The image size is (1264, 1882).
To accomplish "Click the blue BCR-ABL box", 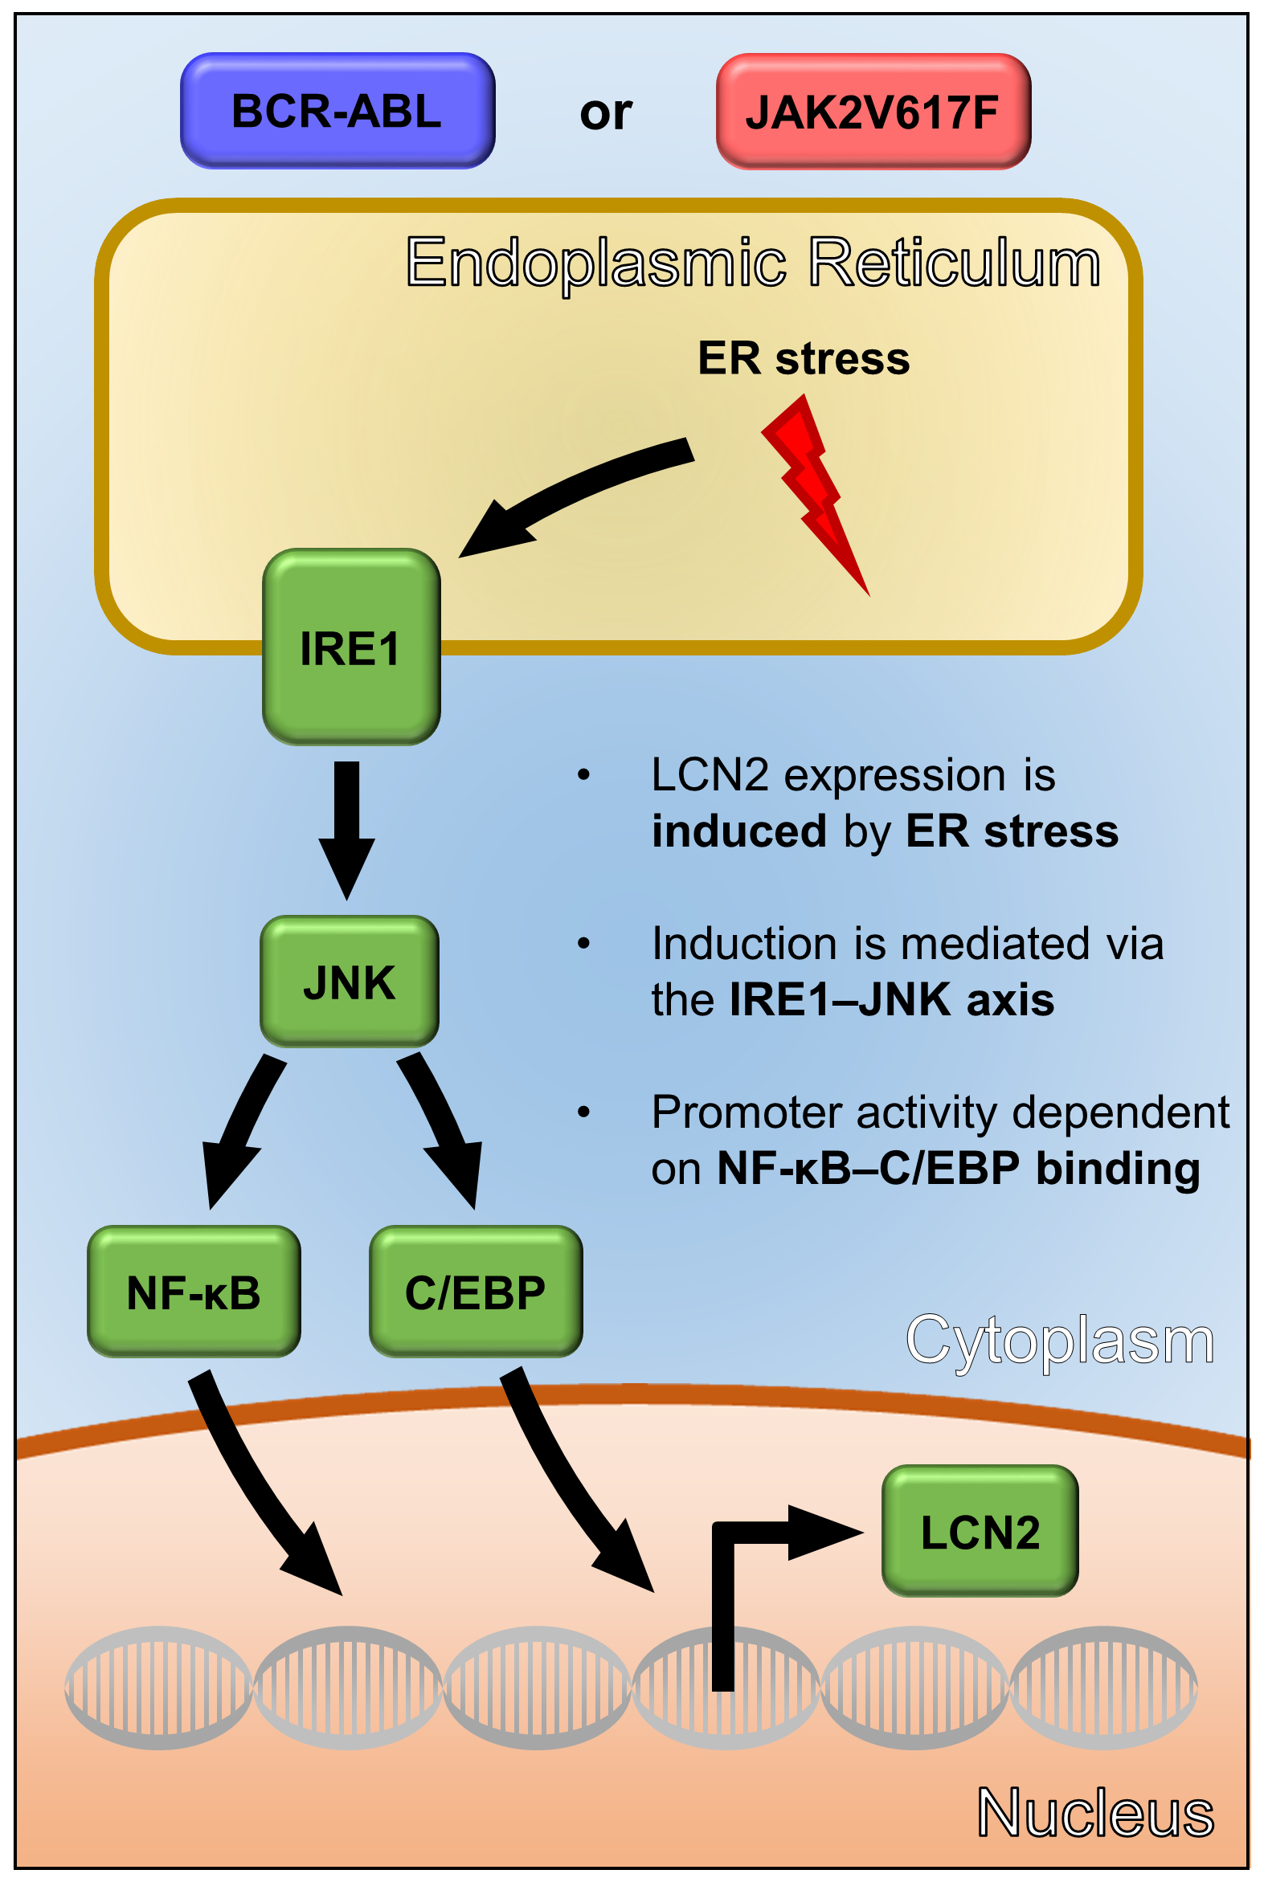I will point(337,110).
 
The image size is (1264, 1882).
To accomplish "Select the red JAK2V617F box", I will point(873,111).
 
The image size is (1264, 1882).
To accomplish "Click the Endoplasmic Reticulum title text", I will point(753,263).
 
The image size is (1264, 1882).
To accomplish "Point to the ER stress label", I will point(803,358).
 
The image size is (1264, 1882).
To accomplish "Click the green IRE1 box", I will point(350,647).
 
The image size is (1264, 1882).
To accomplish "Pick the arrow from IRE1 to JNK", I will point(346,826).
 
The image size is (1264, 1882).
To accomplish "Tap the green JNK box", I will point(349,982).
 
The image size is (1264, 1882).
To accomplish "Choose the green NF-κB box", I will point(194,1292).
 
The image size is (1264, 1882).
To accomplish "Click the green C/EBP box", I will point(476,1292).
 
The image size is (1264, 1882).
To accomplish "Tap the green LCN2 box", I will point(980,1531).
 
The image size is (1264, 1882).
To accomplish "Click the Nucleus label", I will point(1094,1813).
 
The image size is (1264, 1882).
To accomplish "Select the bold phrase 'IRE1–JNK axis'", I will point(892,1000).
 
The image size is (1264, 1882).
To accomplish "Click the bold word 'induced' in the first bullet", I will point(738,831).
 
